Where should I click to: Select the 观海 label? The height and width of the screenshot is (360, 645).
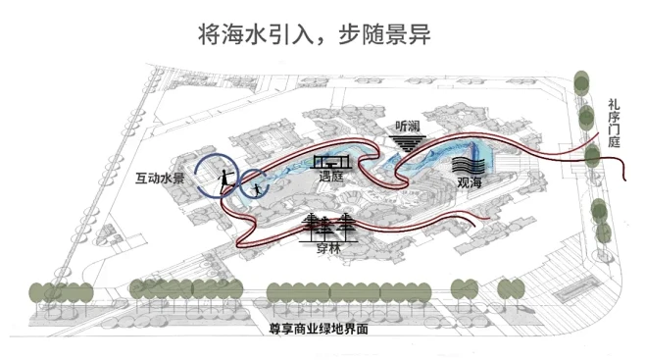(469, 182)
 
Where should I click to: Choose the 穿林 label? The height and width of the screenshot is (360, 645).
(328, 249)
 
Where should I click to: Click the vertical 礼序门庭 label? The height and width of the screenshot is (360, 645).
(614, 122)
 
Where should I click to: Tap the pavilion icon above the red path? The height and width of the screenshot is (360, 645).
(330, 160)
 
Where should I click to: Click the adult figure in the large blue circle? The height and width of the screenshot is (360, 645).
(223, 178)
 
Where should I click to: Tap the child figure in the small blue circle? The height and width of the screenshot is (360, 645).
(258, 187)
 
